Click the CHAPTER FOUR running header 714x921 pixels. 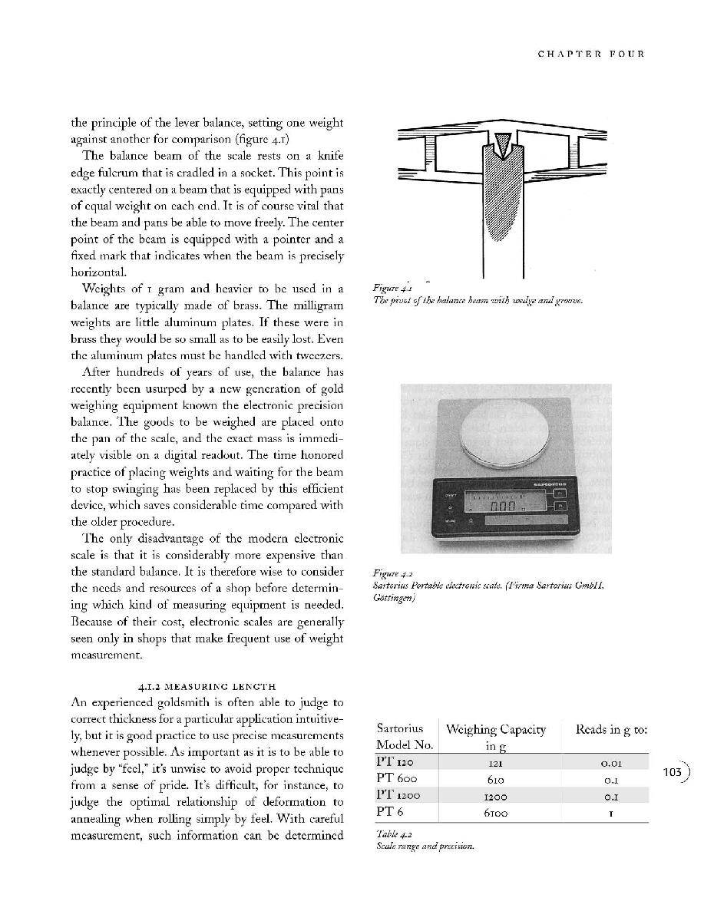[590, 54]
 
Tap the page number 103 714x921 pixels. [672, 772]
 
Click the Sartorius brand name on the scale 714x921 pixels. [550, 484]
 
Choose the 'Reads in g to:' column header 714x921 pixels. [610, 729]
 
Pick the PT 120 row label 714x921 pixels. [395, 763]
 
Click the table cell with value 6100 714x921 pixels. [495, 812]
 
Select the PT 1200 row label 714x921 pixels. [398, 796]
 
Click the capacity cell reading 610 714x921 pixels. [495, 779]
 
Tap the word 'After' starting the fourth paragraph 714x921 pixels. [97, 372]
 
